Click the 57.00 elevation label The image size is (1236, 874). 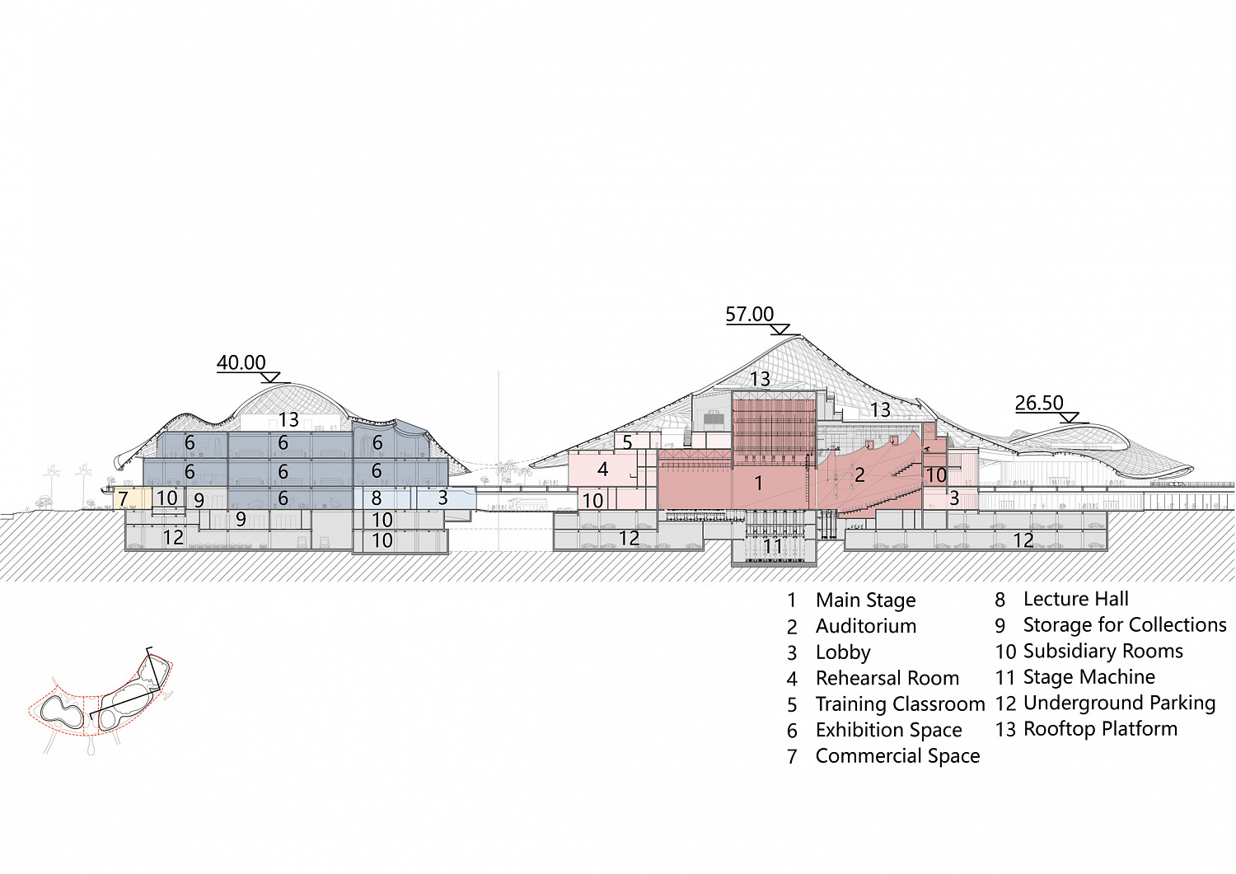pos(749,314)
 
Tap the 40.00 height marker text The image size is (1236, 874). pos(241,362)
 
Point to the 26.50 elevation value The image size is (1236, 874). pos(1039,403)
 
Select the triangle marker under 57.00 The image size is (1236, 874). pos(780,330)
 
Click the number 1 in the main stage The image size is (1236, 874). pos(759,483)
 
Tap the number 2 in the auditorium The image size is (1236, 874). pos(859,474)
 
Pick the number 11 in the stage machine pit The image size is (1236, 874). pos(773,546)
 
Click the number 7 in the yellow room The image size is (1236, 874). pos(123,499)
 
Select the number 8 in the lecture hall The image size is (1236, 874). pos(377,498)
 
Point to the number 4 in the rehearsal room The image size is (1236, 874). pos(602,469)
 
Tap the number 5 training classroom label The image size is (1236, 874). pos(627,442)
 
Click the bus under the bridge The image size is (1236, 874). pos(528,504)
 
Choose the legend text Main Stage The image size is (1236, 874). pos(866,601)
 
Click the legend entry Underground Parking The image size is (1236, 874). pos(1120,703)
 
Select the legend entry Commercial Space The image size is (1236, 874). pos(898,756)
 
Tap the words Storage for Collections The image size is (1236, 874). pos(1125,625)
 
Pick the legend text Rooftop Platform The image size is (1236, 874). pos(1100,729)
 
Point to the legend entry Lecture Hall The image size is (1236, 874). pos(1076,599)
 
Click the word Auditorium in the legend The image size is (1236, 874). pos(866,626)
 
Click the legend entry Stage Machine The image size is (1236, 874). pos(1089,677)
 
